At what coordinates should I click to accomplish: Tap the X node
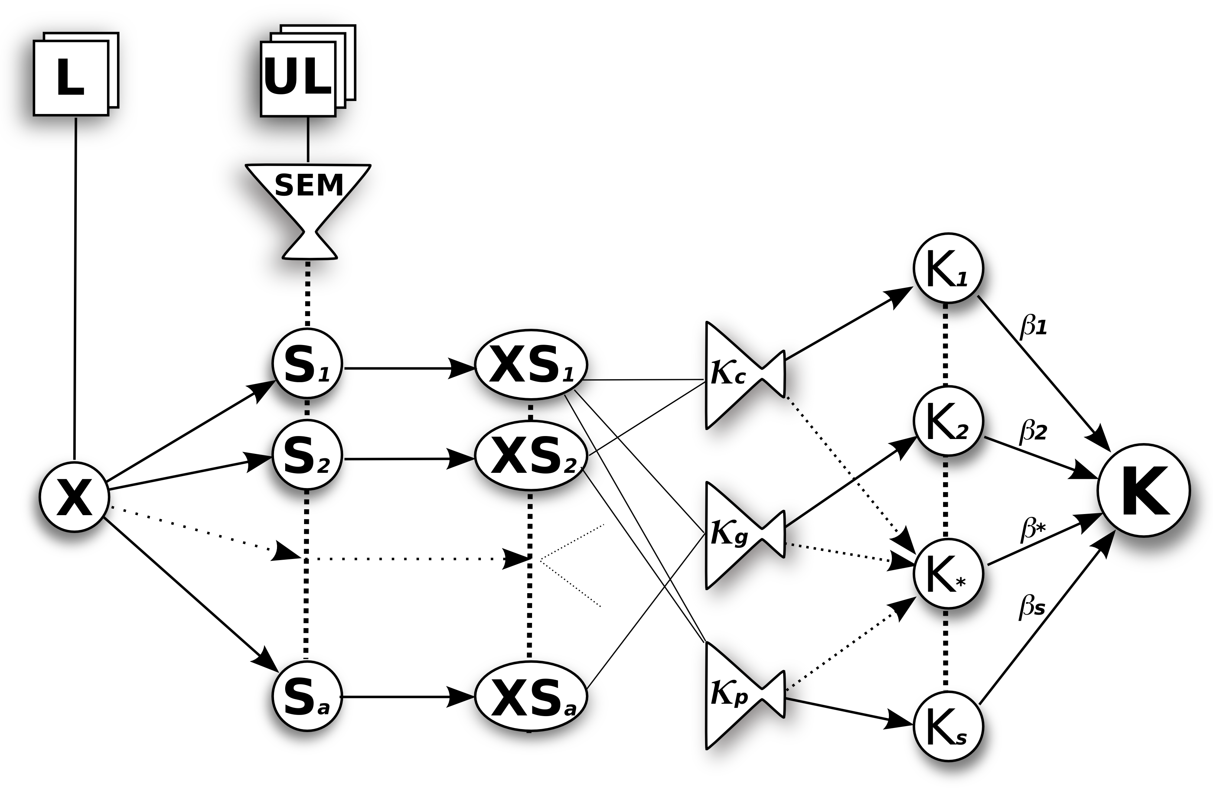click(x=74, y=497)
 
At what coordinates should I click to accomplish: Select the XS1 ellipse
click(x=531, y=365)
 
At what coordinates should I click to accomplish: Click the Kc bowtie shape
click(x=744, y=375)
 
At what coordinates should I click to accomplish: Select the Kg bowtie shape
click(x=744, y=536)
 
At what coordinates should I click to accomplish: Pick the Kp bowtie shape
click(x=744, y=696)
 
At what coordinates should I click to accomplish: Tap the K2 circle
click(x=948, y=421)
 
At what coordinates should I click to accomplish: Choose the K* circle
click(x=948, y=574)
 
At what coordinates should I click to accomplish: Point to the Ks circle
click(x=948, y=726)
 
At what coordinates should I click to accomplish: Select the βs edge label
click(x=1033, y=608)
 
